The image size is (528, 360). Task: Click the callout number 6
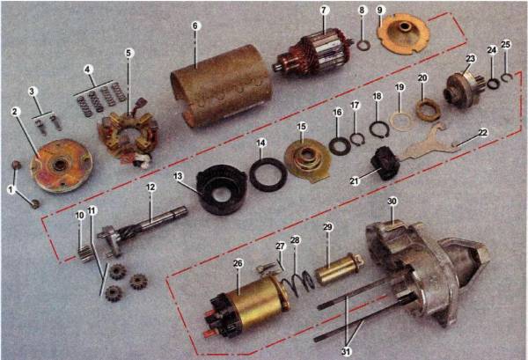point(196,26)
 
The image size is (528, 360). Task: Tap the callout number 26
point(238,263)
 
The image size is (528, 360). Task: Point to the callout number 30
point(392,202)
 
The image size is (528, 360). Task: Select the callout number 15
point(301,127)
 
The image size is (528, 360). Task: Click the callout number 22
point(482,133)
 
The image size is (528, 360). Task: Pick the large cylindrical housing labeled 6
point(223,86)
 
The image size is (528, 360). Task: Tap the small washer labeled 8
point(363,45)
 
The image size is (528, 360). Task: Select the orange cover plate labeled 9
point(403,34)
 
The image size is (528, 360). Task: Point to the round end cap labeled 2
point(61,165)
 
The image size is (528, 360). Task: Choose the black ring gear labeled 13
point(221,189)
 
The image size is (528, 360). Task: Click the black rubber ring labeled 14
point(268,174)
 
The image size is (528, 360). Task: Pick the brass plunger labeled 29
point(340,268)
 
